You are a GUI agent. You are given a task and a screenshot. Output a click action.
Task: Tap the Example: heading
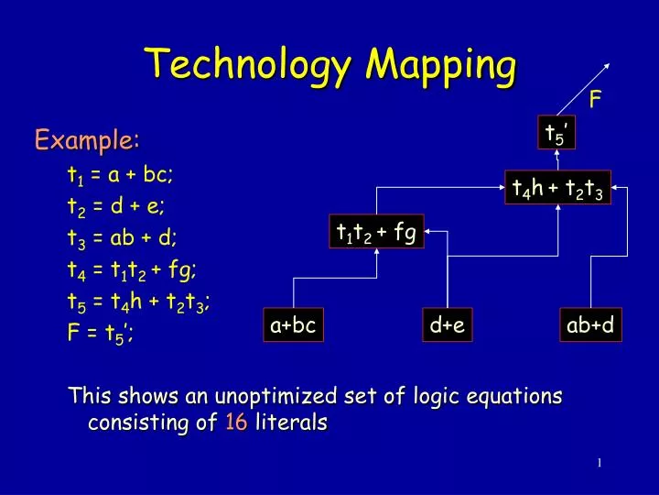pos(87,140)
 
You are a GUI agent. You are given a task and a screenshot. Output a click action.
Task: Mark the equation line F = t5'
pos(100,333)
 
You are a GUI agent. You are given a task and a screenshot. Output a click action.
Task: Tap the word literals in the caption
pos(290,423)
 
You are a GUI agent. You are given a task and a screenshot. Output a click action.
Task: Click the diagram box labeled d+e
pos(448,325)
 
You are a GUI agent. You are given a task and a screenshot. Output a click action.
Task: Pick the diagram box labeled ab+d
pos(590,325)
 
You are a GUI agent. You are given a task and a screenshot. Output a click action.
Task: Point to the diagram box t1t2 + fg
pos(377,231)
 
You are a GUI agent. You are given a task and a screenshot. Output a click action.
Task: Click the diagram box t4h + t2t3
pos(557,188)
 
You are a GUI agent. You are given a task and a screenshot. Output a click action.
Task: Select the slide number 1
pos(599,462)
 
